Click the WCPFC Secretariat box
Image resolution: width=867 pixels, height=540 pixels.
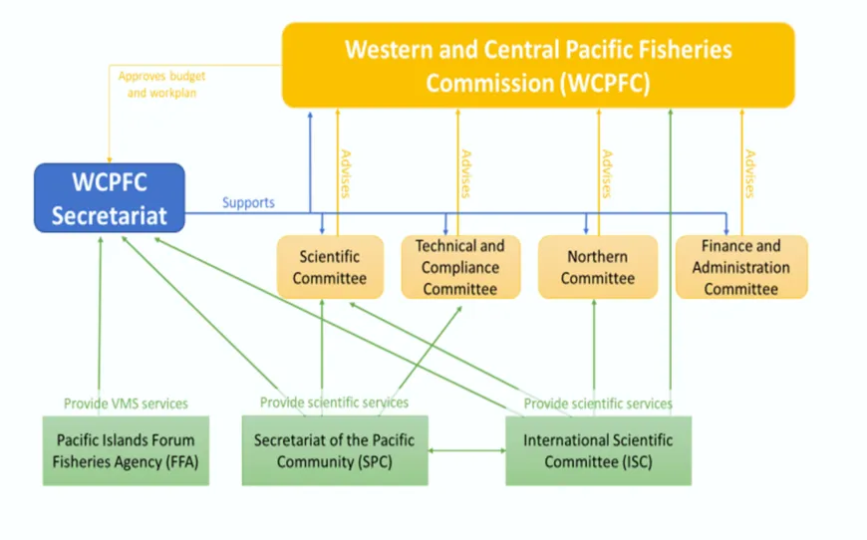point(110,198)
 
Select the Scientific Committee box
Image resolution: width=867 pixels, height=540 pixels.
point(329,267)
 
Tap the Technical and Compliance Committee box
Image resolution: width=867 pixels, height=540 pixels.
point(459,267)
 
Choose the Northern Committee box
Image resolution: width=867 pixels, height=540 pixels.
point(597,267)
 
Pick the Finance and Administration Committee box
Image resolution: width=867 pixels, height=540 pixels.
point(740,267)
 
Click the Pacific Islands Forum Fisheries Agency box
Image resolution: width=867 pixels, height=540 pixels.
point(126,450)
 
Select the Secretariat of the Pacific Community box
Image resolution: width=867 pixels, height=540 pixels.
point(334,450)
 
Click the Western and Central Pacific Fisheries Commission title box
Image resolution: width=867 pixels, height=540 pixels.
point(538,66)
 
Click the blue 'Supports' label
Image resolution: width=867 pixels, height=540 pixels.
point(248,202)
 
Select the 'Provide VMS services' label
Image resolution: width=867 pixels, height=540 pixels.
point(126,404)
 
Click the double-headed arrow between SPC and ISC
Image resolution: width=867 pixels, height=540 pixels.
point(467,451)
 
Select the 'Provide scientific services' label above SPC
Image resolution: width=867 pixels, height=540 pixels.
point(334,403)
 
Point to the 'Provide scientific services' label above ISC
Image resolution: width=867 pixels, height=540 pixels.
point(598,404)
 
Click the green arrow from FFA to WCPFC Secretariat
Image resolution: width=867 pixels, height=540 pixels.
point(101,319)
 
